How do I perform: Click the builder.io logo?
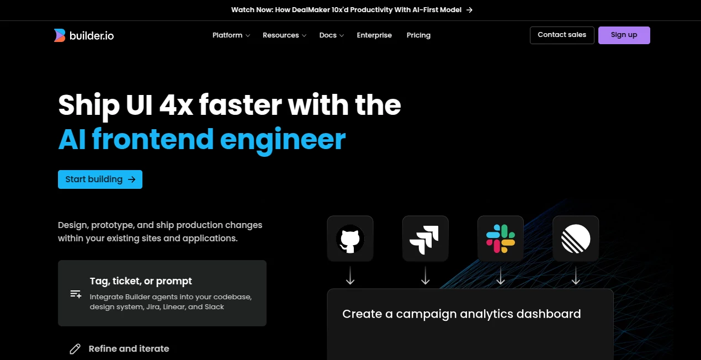point(84,35)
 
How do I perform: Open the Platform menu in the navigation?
point(231,35)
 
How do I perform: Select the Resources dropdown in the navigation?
point(284,35)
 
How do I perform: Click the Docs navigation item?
point(331,35)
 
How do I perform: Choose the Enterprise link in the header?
point(374,35)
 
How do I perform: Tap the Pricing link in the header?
point(418,35)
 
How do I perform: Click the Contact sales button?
point(562,35)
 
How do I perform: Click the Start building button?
point(100,179)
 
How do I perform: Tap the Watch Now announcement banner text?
point(346,10)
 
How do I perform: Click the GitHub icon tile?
point(350,239)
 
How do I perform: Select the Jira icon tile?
point(425,239)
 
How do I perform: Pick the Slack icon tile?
point(501,239)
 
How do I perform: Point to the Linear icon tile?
point(576,239)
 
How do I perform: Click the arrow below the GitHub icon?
point(350,276)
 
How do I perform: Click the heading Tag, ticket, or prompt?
point(141,281)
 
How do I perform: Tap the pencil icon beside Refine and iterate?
point(75,349)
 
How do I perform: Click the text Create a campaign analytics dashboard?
point(461,314)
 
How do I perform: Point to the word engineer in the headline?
point(283,139)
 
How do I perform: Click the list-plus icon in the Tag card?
point(76,294)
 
